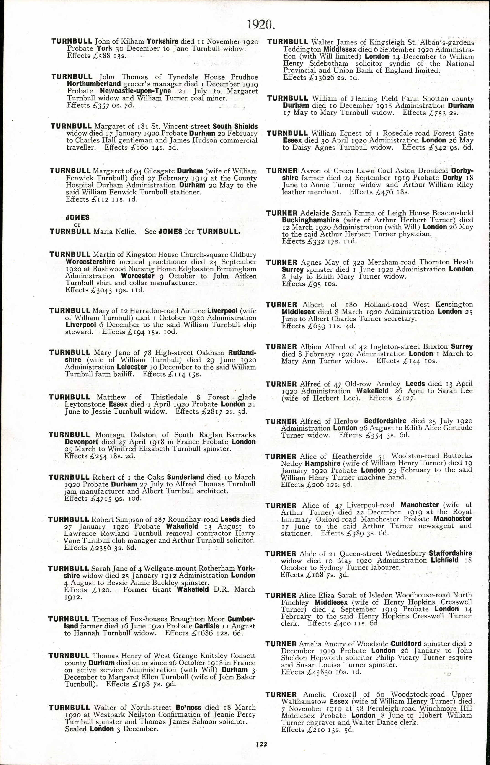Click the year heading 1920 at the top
tap(260, 24)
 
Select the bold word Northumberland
tap(94, 84)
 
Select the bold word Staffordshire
tap(450, 553)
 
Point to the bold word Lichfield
tap(444, 560)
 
